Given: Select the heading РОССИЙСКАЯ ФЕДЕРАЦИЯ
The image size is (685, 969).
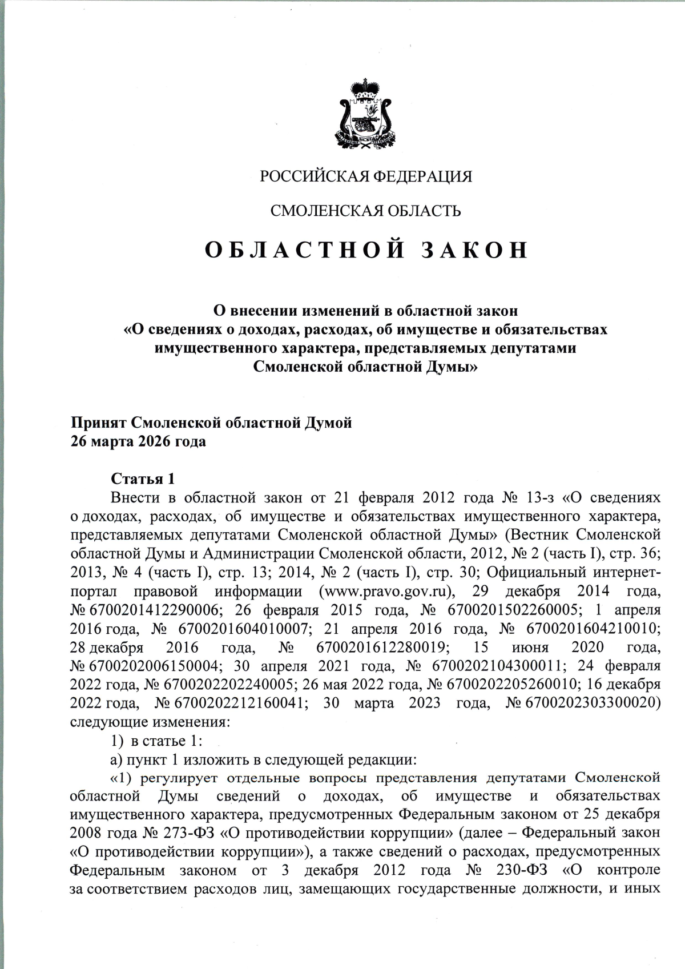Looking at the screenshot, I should click(366, 176).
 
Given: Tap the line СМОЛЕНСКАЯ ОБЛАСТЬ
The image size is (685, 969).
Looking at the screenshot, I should click(365, 211).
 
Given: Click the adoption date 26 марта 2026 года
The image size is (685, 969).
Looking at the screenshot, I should click(138, 441).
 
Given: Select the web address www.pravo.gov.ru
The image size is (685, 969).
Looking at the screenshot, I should click(390, 590).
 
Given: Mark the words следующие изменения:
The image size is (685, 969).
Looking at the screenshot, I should click(150, 722).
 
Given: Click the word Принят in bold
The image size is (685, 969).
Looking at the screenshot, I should click(98, 423).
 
